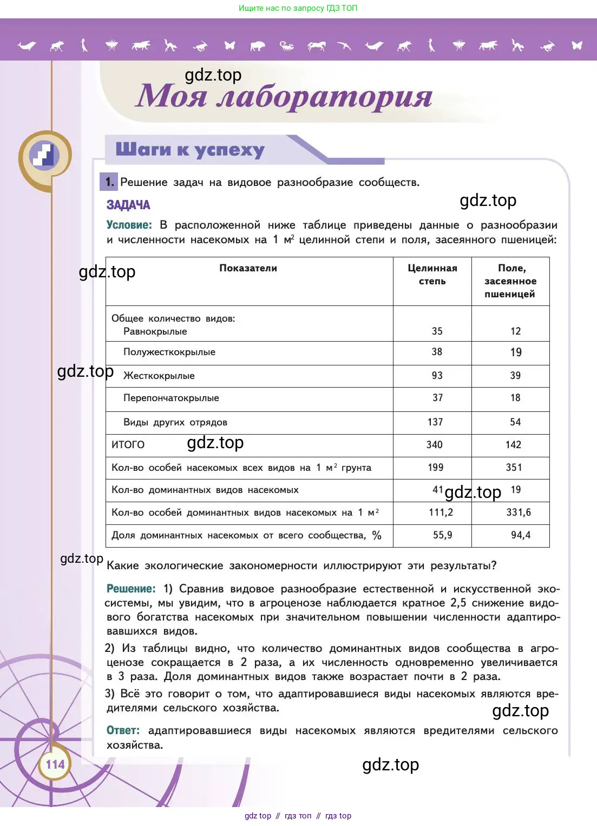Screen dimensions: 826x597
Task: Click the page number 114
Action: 55,764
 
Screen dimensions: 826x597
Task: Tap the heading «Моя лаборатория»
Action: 284,96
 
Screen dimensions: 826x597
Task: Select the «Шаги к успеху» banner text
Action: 190,150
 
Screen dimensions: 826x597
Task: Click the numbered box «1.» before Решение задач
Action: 109,182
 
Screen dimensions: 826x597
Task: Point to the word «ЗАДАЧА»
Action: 128,205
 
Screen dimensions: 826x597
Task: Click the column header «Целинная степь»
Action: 432,275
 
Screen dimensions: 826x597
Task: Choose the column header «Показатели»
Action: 248,268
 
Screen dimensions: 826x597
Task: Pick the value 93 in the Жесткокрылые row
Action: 437,375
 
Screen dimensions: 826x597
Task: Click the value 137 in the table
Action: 435,422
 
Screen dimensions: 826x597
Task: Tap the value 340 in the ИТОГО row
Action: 434,444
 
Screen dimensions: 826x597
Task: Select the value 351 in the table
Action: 514,467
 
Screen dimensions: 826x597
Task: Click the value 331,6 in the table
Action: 518,512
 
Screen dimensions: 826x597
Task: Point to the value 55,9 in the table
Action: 442,535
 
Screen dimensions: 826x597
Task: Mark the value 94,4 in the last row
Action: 520,535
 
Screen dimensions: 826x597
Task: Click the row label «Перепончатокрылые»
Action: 171,398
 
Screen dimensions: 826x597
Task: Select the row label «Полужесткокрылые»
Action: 169,352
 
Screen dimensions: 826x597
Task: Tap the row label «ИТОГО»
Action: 128,444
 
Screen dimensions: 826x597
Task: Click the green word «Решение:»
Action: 131,589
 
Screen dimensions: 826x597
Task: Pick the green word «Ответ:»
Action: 123,730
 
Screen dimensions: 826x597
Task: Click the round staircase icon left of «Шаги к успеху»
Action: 44,156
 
